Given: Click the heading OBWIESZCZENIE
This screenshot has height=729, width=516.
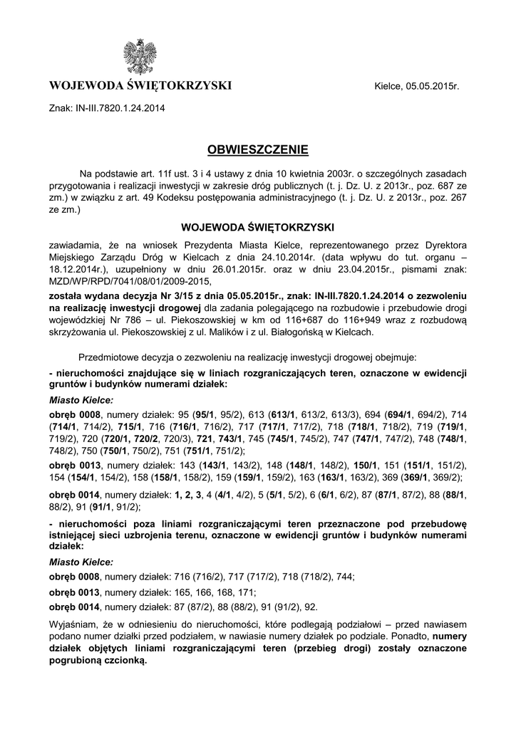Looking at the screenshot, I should [257, 150].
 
